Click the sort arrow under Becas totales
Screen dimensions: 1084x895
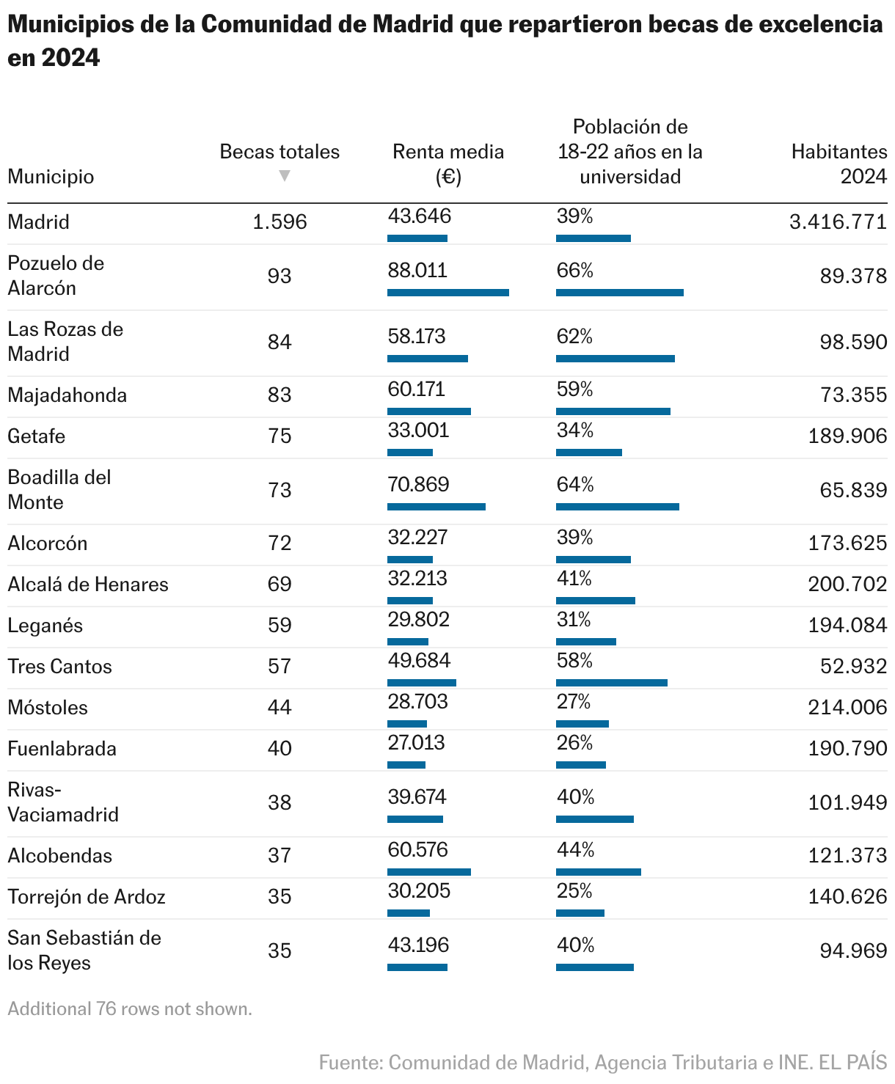tap(285, 176)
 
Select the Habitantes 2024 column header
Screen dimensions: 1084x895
tap(839, 164)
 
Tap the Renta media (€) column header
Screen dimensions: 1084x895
tap(448, 164)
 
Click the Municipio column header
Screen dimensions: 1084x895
tap(51, 177)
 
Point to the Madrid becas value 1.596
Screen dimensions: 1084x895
tap(280, 222)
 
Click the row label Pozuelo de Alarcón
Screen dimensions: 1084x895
tap(56, 276)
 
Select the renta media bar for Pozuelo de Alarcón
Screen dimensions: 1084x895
tap(447, 293)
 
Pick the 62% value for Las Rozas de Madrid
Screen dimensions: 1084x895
tap(574, 337)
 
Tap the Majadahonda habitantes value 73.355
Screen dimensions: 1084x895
tap(854, 395)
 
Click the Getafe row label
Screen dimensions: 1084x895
tap(37, 436)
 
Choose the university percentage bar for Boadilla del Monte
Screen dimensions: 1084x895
tap(617, 507)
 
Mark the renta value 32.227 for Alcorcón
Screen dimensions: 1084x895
tap(417, 538)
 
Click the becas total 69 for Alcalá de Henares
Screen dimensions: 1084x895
tap(280, 585)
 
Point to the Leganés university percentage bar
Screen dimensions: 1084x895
tap(585, 642)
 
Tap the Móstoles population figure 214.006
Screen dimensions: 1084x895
tap(847, 708)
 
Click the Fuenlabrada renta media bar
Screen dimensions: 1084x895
tap(406, 765)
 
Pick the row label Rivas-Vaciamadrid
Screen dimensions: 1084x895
tap(62, 802)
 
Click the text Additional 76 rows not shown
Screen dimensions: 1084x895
tap(130, 1009)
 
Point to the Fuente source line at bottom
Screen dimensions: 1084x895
tap(602, 1062)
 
